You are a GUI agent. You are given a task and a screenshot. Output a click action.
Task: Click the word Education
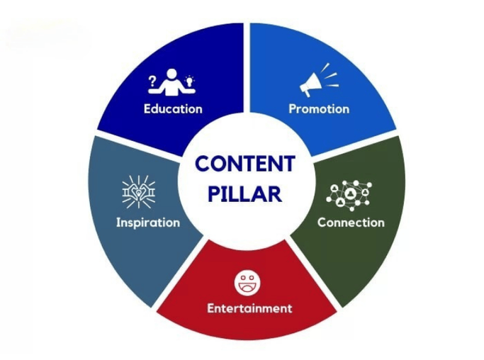click(173, 109)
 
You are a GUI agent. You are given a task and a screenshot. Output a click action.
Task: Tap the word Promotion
click(319, 109)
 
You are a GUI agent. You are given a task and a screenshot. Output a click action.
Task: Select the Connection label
click(351, 223)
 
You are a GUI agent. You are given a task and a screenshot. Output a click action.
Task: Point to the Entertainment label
click(249, 308)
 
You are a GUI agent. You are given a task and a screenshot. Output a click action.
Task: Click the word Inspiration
click(148, 223)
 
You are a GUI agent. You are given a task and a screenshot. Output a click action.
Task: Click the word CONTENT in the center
click(245, 164)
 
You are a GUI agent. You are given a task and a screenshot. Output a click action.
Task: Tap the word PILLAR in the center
click(245, 194)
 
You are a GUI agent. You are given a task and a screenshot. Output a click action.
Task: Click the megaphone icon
click(319, 79)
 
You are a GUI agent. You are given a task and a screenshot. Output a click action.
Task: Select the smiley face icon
click(247, 283)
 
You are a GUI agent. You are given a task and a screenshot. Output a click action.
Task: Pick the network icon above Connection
click(349, 196)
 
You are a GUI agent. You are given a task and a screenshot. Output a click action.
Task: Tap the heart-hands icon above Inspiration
click(139, 192)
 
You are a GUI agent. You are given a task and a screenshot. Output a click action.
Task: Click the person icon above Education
click(171, 82)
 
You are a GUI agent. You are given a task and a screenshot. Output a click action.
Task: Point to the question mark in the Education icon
click(152, 81)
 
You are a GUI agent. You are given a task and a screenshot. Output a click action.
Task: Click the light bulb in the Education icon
click(189, 80)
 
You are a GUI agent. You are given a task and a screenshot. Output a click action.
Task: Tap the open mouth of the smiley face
click(247, 288)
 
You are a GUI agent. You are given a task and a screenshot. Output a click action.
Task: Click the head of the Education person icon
click(172, 74)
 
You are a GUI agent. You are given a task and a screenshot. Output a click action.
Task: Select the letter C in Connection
click(322, 223)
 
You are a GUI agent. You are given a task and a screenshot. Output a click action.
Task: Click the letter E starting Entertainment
click(211, 308)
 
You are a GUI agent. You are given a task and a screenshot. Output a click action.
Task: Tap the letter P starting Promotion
click(293, 109)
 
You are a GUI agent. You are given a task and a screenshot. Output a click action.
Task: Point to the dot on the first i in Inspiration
click(118, 218)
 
